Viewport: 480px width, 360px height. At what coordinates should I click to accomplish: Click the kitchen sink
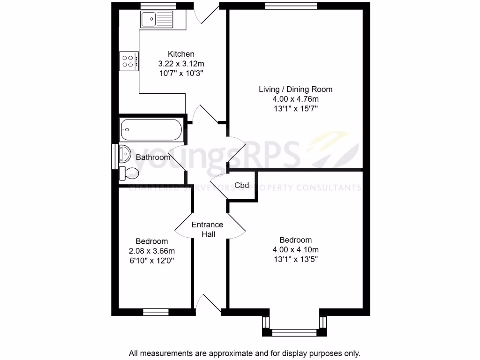pyautogui.click(x=156, y=20)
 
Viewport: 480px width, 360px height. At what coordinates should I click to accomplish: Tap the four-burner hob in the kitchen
pyautogui.click(x=128, y=61)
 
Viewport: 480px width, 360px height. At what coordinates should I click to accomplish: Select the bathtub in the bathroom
pyautogui.click(x=151, y=130)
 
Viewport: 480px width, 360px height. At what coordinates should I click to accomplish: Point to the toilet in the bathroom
pyautogui.click(x=129, y=173)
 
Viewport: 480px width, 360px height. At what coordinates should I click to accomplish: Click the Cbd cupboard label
pyautogui.click(x=242, y=185)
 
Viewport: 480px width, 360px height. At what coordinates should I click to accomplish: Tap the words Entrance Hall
pyautogui.click(x=208, y=229)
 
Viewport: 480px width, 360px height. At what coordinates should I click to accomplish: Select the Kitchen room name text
pyautogui.click(x=181, y=54)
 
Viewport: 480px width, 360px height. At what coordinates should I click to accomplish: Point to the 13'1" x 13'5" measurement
pyautogui.click(x=296, y=259)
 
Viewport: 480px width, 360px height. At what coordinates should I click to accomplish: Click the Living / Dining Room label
pyautogui.click(x=296, y=89)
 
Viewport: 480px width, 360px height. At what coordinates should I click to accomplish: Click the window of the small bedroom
pyautogui.click(x=156, y=311)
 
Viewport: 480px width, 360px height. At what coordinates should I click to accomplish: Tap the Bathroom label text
pyautogui.click(x=153, y=157)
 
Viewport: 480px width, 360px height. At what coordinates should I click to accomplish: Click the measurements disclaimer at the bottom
pyautogui.click(x=244, y=353)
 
